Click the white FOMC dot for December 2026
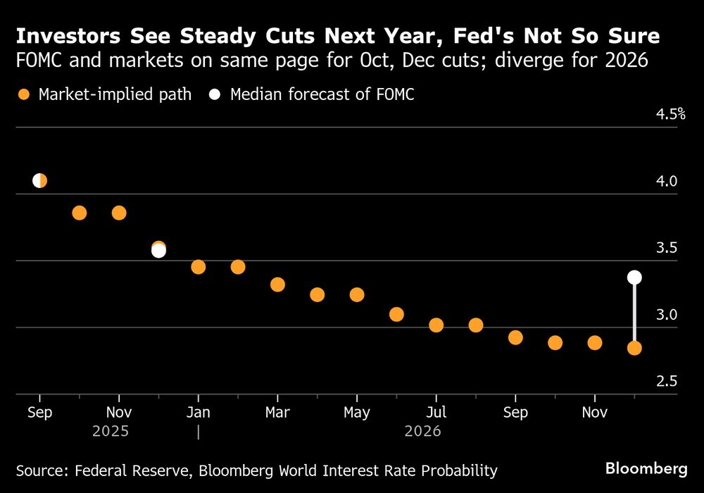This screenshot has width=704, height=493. point(634,277)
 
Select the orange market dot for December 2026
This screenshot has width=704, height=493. point(634,348)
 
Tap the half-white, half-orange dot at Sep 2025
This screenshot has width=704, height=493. point(39,181)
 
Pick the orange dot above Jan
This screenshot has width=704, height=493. point(198,267)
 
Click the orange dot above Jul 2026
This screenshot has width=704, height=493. point(436,325)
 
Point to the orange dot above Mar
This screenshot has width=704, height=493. point(277,285)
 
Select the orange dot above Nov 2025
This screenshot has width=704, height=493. point(119,213)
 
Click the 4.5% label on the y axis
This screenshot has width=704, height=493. point(672,114)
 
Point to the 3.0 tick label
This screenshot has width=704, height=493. point(667,314)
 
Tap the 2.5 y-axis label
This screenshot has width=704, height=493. point(667,381)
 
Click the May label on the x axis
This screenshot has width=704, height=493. point(357,413)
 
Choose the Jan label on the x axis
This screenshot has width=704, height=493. point(199,413)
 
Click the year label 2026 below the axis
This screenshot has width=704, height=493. point(422,431)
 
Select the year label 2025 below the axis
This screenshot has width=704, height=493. point(111,431)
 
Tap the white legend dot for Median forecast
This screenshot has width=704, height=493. point(215,94)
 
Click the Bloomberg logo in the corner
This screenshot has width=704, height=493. point(646,468)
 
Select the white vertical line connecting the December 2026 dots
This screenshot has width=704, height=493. point(634,313)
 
